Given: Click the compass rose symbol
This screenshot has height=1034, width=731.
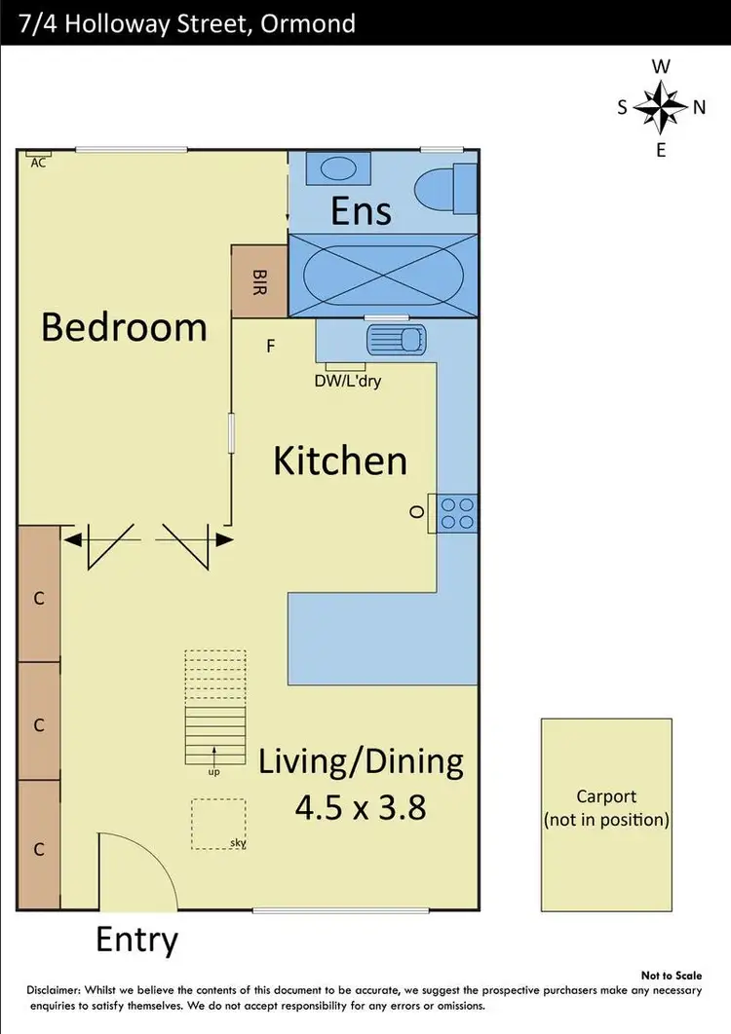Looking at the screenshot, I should click(x=661, y=108).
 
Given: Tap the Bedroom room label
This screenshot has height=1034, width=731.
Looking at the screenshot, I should click(x=124, y=327).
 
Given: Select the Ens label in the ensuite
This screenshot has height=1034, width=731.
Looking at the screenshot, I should click(x=361, y=210).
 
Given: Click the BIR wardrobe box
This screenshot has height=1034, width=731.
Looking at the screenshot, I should click(x=259, y=280).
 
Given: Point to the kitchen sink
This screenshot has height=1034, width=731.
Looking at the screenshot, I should click(x=396, y=340).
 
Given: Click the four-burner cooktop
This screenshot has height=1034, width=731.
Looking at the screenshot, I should click(x=457, y=513).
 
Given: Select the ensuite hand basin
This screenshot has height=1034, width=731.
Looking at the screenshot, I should click(x=337, y=168).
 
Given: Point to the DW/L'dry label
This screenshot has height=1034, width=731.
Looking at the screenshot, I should click(x=347, y=381).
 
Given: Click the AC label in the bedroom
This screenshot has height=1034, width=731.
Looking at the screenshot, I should click(x=38, y=163).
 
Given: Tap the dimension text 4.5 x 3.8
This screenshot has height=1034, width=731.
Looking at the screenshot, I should click(x=361, y=807).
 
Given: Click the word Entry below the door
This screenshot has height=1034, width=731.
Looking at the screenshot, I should click(x=136, y=941).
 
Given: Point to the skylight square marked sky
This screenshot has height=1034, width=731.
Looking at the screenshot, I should click(x=218, y=823).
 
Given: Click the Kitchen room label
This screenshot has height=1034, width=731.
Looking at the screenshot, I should click(x=339, y=461).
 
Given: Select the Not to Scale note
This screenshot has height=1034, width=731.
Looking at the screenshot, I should click(x=671, y=975).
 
